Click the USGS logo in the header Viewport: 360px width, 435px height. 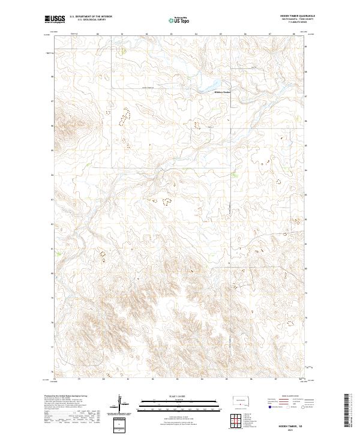(55, 19)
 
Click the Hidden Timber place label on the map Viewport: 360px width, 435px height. (223, 92)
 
